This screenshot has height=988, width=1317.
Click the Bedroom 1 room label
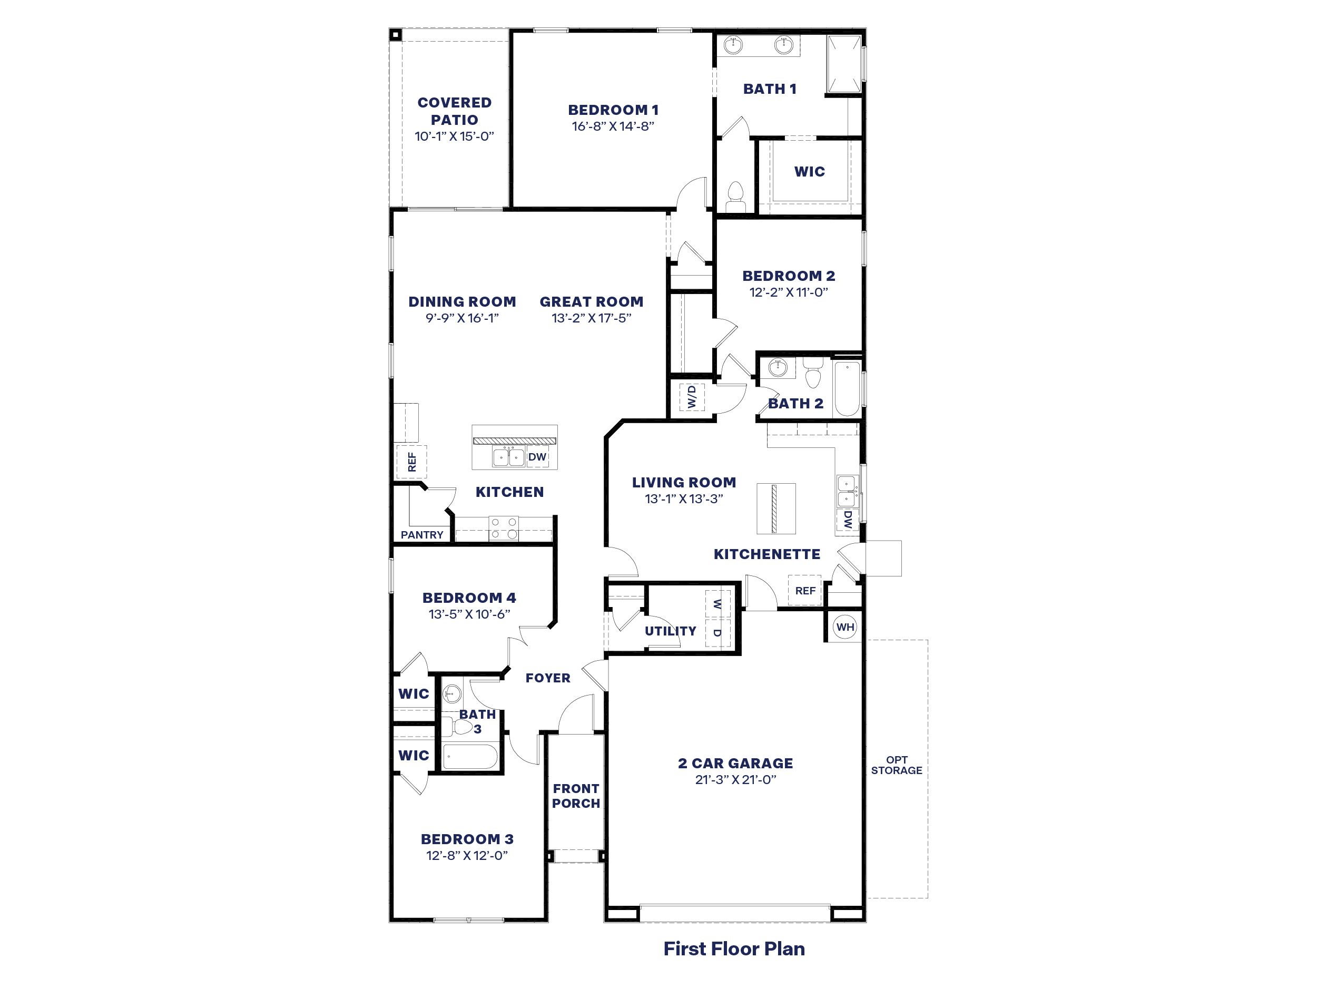613,110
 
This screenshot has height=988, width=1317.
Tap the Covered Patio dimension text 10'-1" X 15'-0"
454,136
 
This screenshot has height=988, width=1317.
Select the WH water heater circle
845,627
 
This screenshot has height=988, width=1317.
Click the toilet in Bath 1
736,195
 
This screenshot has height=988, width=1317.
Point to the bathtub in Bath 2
847,388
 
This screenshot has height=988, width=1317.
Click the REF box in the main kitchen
411,462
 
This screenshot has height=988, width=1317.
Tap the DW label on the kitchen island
537,457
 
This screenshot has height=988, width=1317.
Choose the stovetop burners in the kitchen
504,528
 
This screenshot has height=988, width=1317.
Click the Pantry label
421,535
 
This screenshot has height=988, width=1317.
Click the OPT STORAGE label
896,765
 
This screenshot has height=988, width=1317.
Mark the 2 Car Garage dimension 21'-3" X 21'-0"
735,780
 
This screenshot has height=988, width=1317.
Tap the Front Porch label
576,796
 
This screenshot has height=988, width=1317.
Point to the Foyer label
548,678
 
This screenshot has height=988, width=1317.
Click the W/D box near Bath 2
691,397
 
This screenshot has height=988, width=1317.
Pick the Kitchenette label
767,554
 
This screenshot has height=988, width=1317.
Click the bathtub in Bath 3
470,757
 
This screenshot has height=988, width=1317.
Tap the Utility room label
671,631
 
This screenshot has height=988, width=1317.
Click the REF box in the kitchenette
805,591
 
